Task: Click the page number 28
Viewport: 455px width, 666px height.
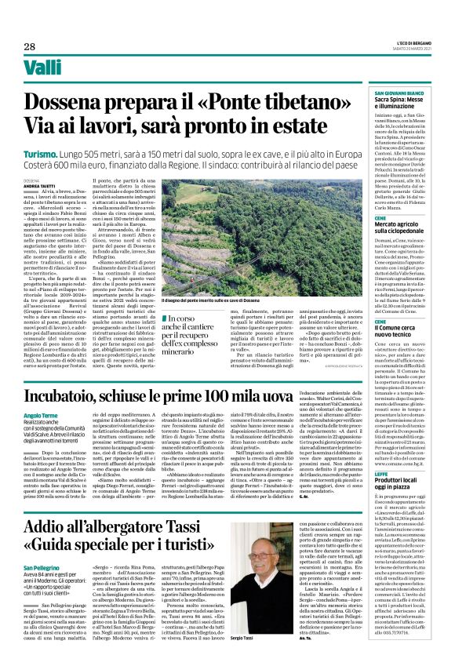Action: pos(30,47)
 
